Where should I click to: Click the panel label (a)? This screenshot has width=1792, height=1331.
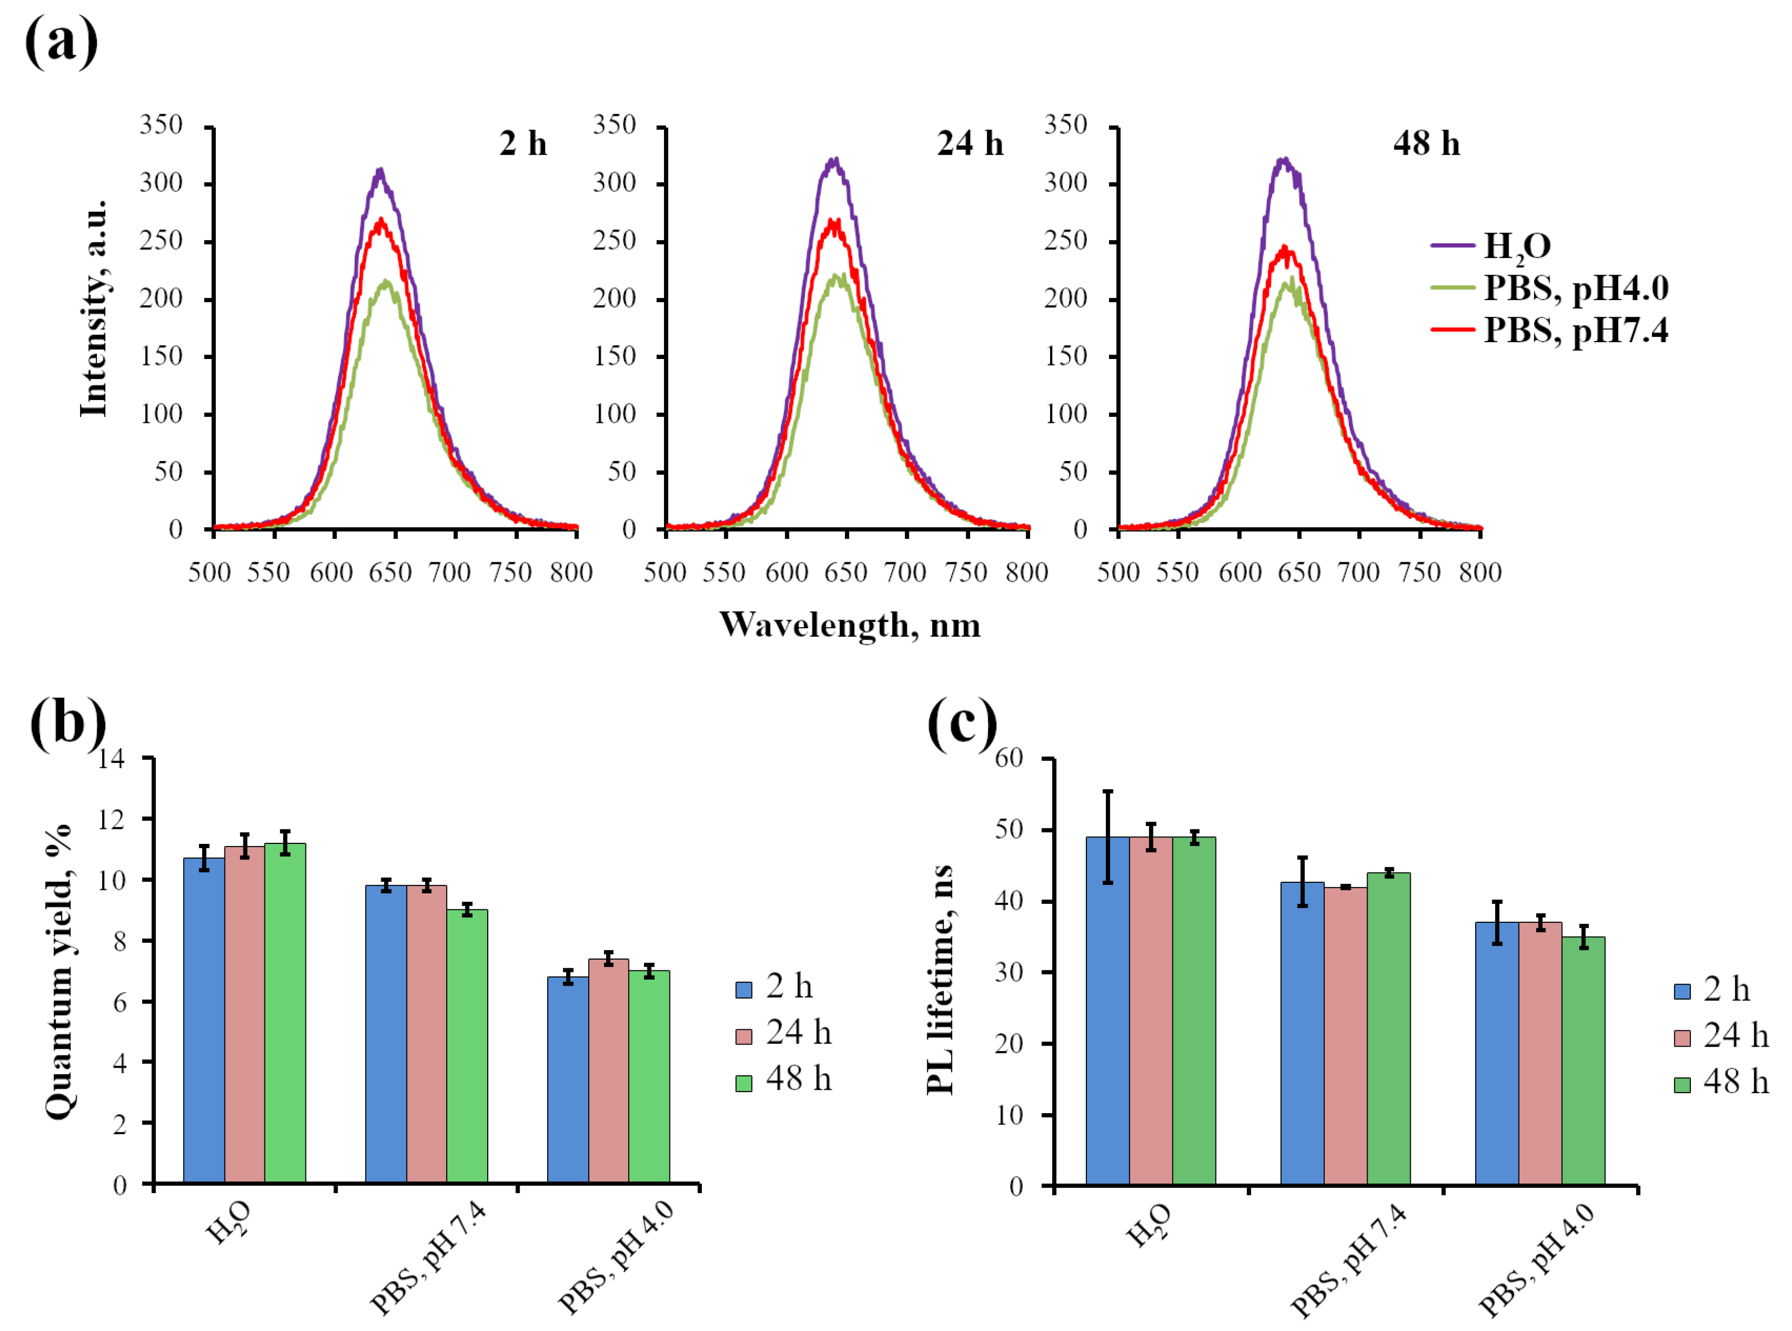pos(61,41)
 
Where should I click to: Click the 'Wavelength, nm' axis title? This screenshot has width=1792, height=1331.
pos(850,625)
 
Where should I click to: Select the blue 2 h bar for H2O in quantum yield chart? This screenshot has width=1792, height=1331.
pos(204,1021)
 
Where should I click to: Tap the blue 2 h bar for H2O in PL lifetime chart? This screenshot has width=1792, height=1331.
pos(1108,1011)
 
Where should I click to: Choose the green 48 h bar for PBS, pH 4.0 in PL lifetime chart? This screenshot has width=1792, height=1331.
pos(1583,1061)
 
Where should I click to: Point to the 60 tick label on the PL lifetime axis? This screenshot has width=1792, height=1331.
pos(1009,757)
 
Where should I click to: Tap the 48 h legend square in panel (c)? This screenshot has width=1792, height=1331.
pos(1682,1084)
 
